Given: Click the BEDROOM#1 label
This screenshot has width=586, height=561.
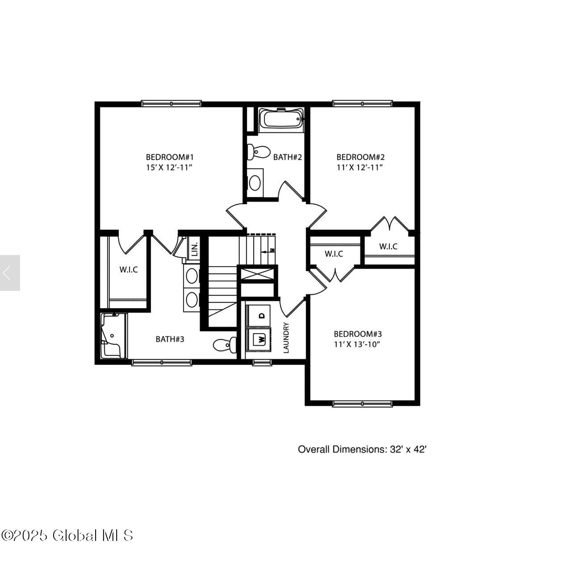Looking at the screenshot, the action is [x=170, y=157].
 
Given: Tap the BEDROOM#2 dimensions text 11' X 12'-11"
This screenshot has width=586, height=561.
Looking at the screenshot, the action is [x=360, y=168].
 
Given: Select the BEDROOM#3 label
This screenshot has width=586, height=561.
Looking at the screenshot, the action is [x=358, y=334].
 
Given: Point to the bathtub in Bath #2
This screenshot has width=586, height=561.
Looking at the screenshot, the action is [x=281, y=120].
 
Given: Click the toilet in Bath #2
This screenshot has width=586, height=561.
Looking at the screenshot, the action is [x=258, y=152].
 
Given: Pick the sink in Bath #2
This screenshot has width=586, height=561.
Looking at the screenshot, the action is [x=255, y=183].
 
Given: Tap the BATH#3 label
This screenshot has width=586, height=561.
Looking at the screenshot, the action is [x=170, y=339].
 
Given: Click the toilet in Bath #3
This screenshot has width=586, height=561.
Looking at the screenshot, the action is [x=225, y=345].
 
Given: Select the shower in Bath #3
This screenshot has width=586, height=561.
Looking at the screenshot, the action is [x=114, y=336].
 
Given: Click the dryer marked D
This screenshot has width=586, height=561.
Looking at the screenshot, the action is [x=258, y=315].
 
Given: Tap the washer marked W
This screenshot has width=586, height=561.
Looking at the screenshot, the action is [x=258, y=339].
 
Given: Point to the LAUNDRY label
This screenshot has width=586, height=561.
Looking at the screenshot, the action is [x=286, y=338].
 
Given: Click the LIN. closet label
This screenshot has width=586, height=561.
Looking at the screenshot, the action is [x=195, y=249].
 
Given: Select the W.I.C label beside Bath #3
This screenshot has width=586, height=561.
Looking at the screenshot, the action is [x=129, y=270].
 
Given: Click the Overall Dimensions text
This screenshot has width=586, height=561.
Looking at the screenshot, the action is [x=362, y=449].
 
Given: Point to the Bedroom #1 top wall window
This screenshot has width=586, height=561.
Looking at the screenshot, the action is [x=172, y=103].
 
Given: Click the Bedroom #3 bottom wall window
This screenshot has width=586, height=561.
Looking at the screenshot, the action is [x=362, y=404].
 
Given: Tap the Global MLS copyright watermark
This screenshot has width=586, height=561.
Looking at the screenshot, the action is [x=67, y=536].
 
